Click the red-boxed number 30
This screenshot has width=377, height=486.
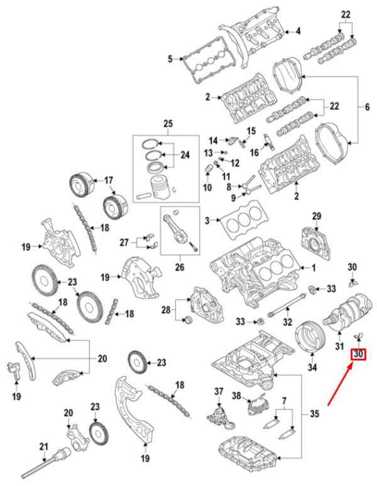pyautogui.click(x=358, y=355)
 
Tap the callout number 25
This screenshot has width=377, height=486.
pyautogui.click(x=167, y=122)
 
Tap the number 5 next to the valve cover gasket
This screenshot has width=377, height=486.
pyautogui.click(x=170, y=60)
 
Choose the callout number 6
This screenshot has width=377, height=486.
pyautogui.click(x=367, y=107)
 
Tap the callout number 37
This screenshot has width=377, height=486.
pyautogui.click(x=219, y=392)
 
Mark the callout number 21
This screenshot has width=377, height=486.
pyautogui.click(x=44, y=447)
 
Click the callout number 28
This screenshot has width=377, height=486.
pyautogui.click(x=166, y=310)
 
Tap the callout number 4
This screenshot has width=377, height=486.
pyautogui.click(x=298, y=31)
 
